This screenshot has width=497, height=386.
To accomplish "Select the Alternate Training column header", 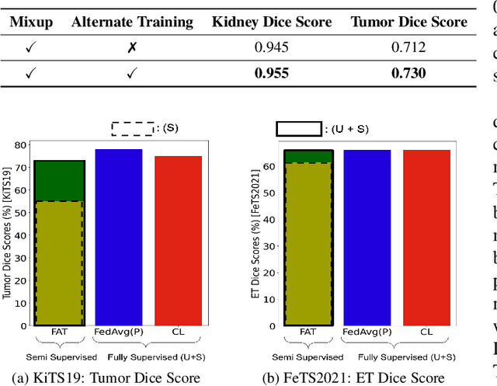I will coord(132,21).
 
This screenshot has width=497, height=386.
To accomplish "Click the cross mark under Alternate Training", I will coord(132,48).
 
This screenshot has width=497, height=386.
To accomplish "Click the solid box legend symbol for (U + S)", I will coord(299,128).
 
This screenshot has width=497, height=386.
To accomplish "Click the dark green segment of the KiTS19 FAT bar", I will coord(59,181).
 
